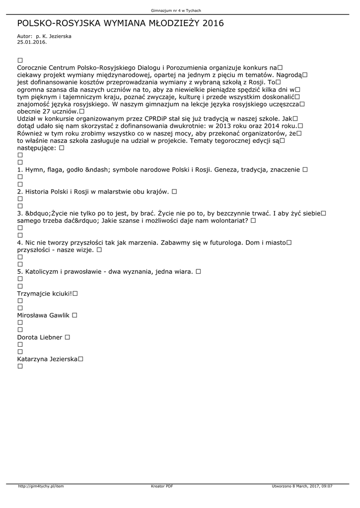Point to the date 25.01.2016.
pos(32,42)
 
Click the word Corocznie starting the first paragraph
pos(34,67)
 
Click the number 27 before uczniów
pos(48,112)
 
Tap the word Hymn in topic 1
pos(34,170)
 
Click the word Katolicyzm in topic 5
pos(43,272)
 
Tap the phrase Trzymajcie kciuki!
pos(45,294)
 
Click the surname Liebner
pos(50,337)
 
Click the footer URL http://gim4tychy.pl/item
pos(41,486)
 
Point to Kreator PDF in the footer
pos(162,486)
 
